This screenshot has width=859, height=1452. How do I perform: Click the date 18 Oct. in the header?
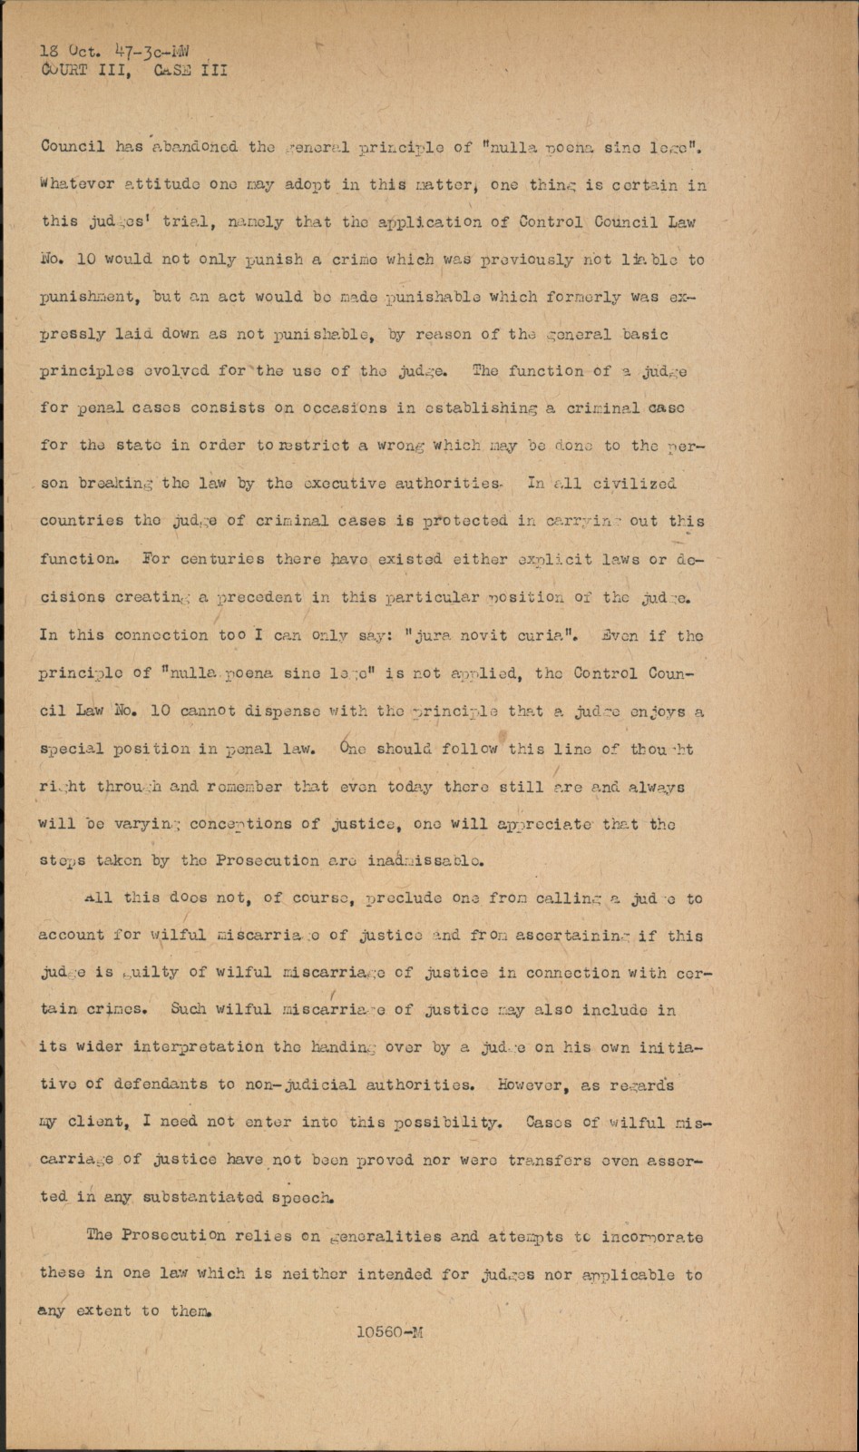click(x=67, y=51)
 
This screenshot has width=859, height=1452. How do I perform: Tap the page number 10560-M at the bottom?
click(x=389, y=1332)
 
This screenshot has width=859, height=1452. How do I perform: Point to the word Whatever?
click(x=77, y=184)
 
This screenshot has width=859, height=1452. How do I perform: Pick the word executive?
click(x=344, y=484)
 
